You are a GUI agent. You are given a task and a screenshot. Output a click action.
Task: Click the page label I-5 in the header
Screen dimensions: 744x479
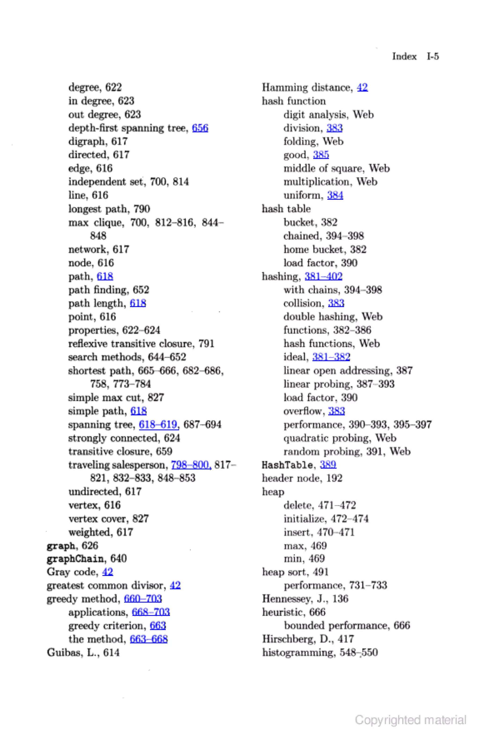pyautogui.click(x=432, y=56)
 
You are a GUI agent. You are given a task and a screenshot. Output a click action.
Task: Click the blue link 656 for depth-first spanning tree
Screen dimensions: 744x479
pyautogui.click(x=200, y=128)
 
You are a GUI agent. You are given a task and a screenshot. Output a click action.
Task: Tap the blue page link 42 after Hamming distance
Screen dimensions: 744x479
pyautogui.click(x=362, y=87)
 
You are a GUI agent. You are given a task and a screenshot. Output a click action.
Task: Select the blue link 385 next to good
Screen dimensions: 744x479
pyautogui.click(x=321, y=155)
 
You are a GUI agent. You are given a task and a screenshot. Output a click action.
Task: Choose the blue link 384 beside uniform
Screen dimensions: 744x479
pyautogui.click(x=335, y=195)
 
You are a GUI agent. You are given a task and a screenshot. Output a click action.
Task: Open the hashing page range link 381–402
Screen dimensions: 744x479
pyautogui.click(x=323, y=276)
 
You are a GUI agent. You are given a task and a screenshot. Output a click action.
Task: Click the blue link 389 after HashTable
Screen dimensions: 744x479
pyautogui.click(x=328, y=465)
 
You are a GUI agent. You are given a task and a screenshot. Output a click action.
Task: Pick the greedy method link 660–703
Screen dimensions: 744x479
pyautogui.click(x=143, y=599)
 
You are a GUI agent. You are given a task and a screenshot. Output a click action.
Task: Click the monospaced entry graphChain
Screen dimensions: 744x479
pyautogui.click(x=75, y=559)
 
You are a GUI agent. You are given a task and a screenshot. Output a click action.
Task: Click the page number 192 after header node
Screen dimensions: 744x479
pyautogui.click(x=334, y=478)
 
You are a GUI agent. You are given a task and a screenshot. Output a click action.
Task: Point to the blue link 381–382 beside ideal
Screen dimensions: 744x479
pyautogui.click(x=331, y=357)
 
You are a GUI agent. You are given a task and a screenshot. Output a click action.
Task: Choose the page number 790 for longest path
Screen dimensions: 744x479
pyautogui.click(x=142, y=209)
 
